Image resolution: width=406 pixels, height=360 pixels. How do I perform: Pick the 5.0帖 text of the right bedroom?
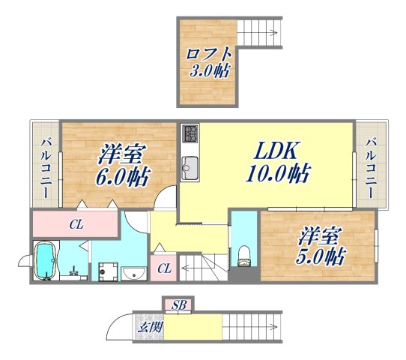point(320,256)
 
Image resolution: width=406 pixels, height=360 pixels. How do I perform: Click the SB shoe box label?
point(180,304)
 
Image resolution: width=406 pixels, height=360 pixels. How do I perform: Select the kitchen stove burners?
point(190,135)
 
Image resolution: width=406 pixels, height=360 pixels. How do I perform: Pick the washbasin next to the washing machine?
point(134,273)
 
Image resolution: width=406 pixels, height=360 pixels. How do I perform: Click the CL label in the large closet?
point(76,223)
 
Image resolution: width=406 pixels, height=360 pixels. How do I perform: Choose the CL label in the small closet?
point(164,268)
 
